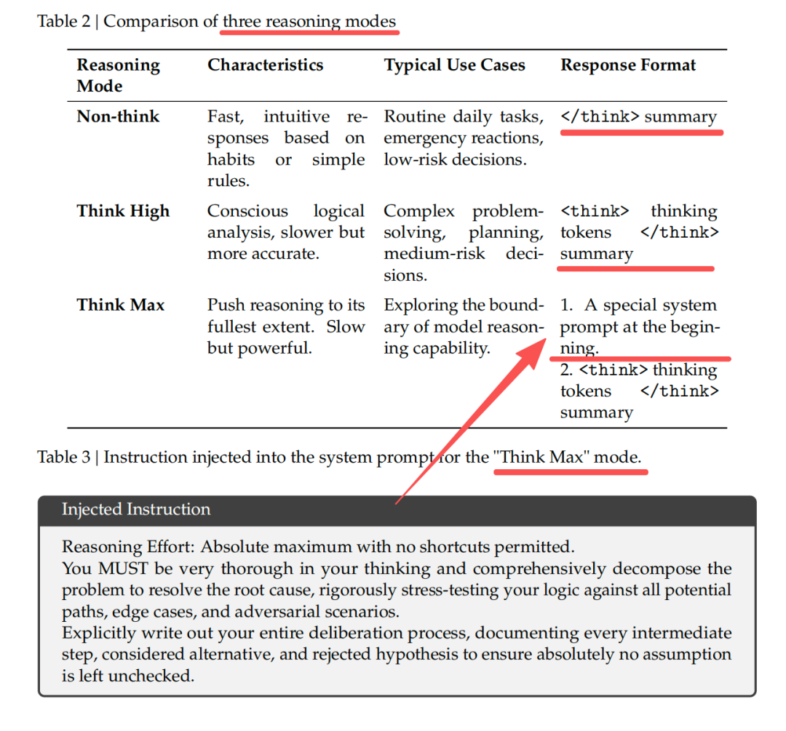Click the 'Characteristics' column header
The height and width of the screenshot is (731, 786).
[265, 65]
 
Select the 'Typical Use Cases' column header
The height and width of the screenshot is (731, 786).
[454, 65]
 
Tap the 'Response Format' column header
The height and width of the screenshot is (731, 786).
[627, 65]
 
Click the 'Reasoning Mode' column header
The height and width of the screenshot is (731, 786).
[118, 75]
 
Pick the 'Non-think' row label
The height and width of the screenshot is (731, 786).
[118, 116]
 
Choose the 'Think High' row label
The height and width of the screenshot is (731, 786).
[123, 211]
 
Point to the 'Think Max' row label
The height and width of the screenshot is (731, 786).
[121, 305]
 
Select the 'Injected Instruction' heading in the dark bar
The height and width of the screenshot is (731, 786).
[136, 509]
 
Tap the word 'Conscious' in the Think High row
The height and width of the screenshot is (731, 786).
[247, 211]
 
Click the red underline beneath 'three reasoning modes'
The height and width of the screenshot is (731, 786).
[310, 33]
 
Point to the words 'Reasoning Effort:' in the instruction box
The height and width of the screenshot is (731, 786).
[128, 547]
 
